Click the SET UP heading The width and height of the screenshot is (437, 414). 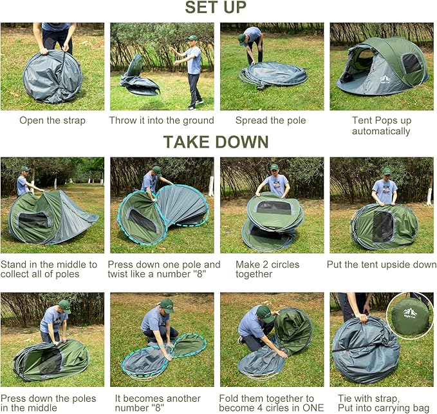(216, 8)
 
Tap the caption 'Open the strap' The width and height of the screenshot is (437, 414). (52, 121)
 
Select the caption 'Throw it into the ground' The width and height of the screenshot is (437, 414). (162, 121)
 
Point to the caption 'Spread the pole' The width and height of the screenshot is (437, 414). (270, 121)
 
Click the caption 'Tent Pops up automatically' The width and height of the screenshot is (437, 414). (381, 126)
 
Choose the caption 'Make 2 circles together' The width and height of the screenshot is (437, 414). (254, 270)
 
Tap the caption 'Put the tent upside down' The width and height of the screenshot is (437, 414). (382, 264)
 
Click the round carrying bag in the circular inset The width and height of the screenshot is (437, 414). (410, 315)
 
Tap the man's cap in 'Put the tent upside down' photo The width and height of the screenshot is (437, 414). (386, 172)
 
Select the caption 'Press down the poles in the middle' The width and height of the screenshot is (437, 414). (48, 404)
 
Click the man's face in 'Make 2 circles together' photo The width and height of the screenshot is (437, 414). (275, 173)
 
